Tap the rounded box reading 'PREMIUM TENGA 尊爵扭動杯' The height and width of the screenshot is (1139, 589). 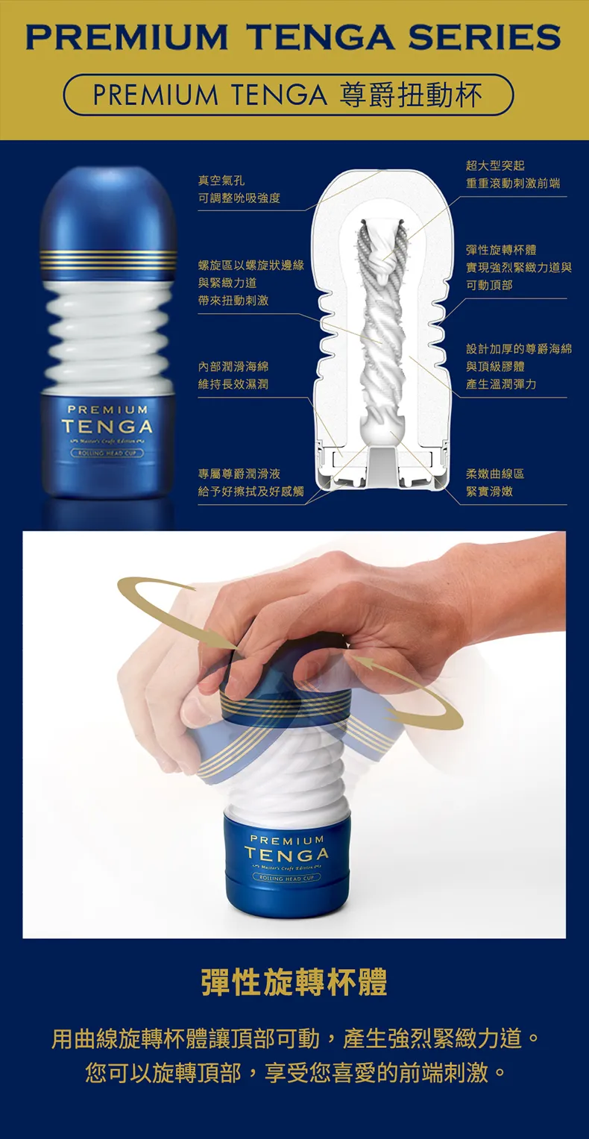coord(289,95)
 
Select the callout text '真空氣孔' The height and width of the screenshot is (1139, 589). coord(221,181)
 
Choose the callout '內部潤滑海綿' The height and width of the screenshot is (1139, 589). coord(233,366)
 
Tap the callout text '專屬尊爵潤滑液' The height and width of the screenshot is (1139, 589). coord(239,474)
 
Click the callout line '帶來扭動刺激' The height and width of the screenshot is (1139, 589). coord(233,301)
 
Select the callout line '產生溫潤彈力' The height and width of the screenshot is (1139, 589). coord(501,384)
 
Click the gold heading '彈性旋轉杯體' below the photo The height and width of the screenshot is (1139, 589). coord(294,982)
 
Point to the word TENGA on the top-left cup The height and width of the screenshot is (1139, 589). coord(107,427)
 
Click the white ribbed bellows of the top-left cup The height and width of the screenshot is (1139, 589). coord(107,328)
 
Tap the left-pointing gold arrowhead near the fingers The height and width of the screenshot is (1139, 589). coord(356,661)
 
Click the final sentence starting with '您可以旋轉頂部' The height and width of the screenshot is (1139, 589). coord(294,1073)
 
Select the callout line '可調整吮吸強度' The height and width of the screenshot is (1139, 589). coord(239,198)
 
